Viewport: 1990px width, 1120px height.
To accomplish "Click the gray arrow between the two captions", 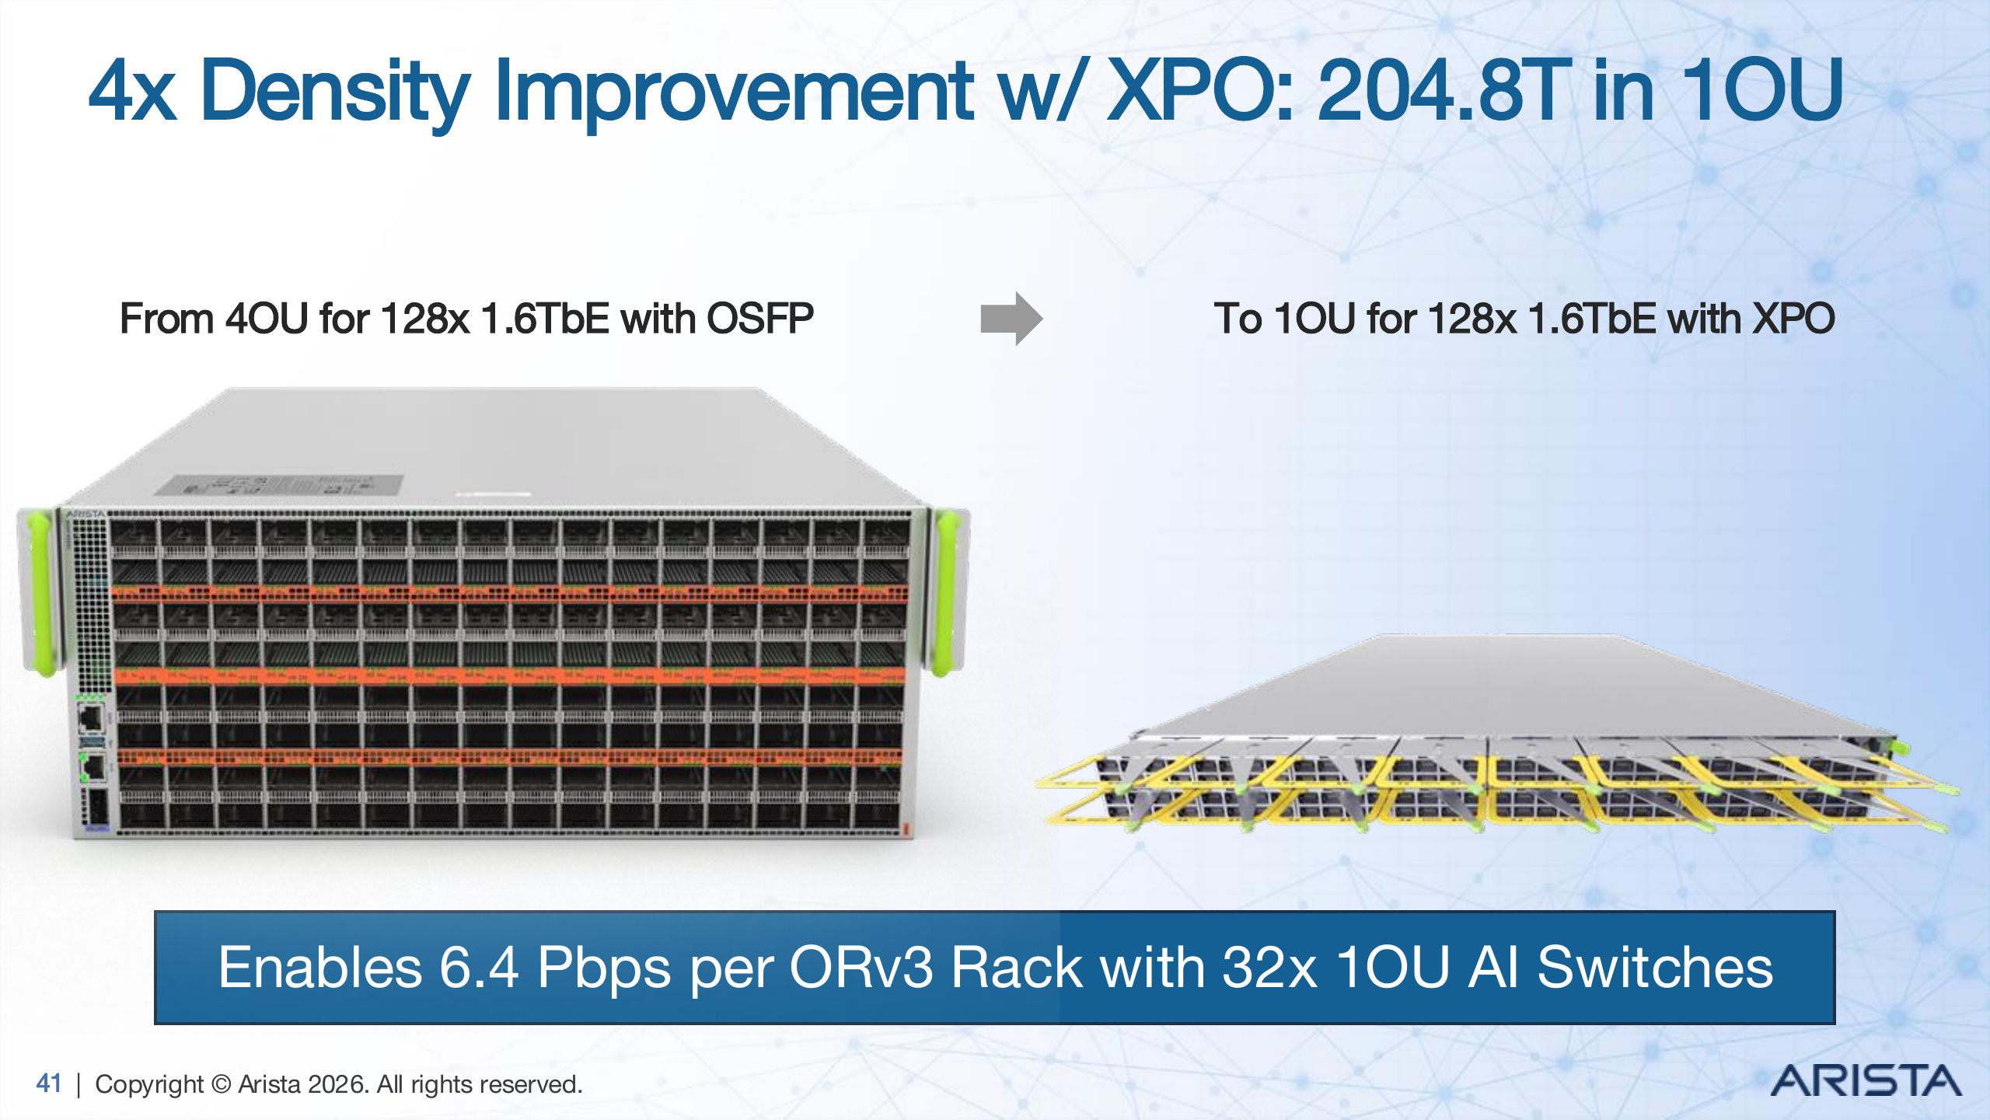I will [1011, 318].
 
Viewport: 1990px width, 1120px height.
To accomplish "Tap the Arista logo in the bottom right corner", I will [1866, 1081].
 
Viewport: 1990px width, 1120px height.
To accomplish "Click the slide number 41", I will [48, 1083].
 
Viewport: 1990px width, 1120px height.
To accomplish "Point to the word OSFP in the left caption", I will [759, 319].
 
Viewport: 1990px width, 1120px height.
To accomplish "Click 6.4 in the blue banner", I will [478, 968].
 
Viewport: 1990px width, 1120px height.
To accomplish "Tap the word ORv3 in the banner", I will [861, 968].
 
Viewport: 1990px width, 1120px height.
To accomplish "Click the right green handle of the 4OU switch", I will [946, 591].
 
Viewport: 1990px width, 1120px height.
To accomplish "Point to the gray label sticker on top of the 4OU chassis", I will [280, 485].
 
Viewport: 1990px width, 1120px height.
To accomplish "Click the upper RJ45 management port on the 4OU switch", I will [91, 717].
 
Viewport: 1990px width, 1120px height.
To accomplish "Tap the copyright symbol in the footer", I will [222, 1083].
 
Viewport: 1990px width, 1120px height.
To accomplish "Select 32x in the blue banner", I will [1269, 968].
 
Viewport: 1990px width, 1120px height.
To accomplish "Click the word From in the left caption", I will [166, 319].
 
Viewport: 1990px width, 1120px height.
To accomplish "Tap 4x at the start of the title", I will [132, 91].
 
